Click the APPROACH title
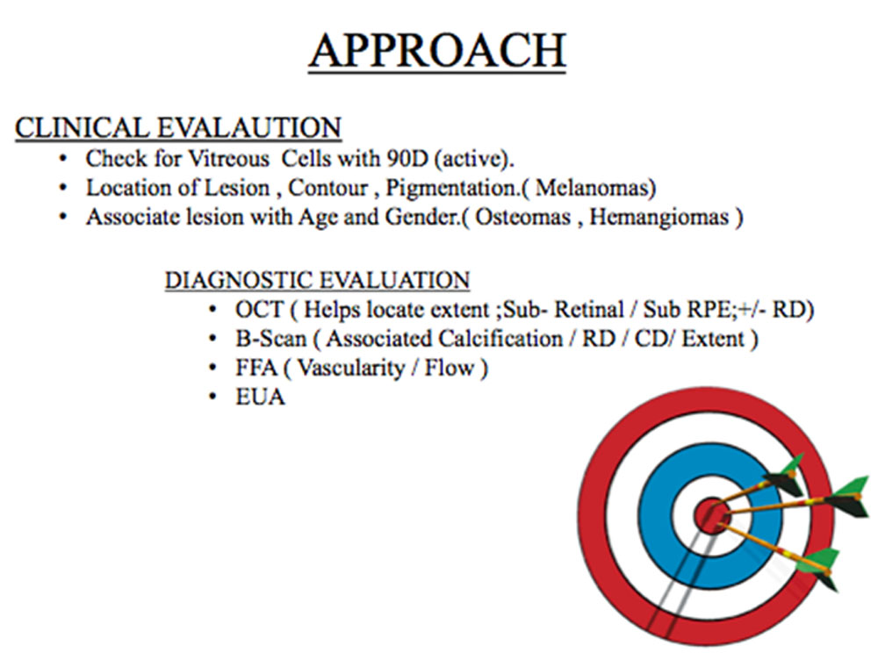coord(437,51)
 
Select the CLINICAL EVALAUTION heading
coord(178,127)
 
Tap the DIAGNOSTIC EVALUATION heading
coord(317,280)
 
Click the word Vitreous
coord(228,159)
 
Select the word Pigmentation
coord(452,189)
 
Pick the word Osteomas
coord(522,217)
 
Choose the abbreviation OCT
coord(260,310)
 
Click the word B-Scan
coord(271,339)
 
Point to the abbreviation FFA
coord(256,368)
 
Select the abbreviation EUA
coord(261,397)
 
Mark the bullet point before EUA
coord(212,397)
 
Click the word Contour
coord(327,188)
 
